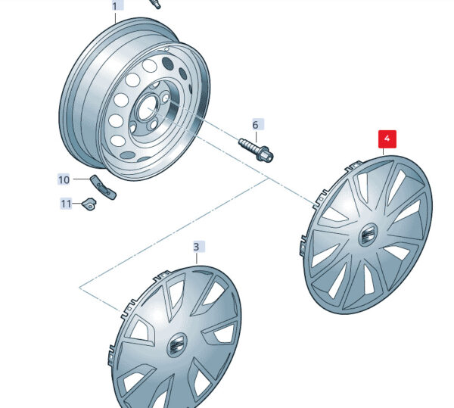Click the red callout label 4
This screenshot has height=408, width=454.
coord(387,139)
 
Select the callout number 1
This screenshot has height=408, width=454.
coord(115,6)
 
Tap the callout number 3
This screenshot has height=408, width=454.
coord(196,247)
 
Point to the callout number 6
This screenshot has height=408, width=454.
coord(255,125)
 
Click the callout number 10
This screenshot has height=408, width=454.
coord(64,180)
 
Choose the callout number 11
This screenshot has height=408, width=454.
coord(66,204)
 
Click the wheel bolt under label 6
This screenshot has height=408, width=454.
coord(256,151)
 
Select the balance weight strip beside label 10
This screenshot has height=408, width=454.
coord(104,188)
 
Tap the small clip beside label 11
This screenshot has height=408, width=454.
coord(89,204)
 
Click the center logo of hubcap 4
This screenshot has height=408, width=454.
coord(368,234)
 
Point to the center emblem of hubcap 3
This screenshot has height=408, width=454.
coord(176,344)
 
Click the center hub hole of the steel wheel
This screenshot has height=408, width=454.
coord(148,108)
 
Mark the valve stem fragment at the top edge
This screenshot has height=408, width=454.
coord(154,4)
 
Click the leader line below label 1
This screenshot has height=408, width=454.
coord(116,17)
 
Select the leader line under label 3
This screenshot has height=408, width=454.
coord(197,258)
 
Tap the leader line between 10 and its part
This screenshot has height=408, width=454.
coord(82,179)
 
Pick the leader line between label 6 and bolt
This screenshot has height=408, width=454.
coord(256,136)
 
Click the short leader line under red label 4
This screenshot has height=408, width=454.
coord(384,152)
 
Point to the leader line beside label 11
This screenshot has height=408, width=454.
coord(77,204)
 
